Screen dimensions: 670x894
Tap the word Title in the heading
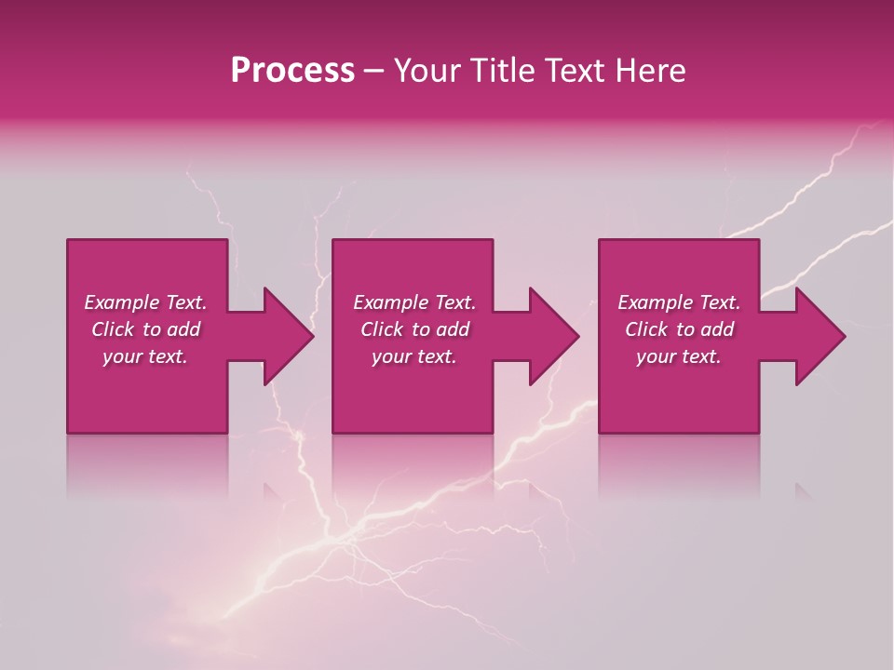[x=503, y=71]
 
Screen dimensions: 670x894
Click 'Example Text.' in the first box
[x=145, y=302]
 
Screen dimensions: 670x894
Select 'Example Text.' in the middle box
[x=414, y=302]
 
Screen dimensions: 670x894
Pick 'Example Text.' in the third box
[x=679, y=302]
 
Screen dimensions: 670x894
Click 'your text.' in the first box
[x=145, y=356]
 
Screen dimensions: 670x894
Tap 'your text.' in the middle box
[x=414, y=356]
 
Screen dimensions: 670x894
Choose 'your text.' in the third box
[x=679, y=356]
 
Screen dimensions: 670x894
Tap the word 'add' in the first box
[x=183, y=329]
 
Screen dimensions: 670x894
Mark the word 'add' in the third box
[x=717, y=329]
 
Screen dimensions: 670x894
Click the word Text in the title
[x=576, y=71]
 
